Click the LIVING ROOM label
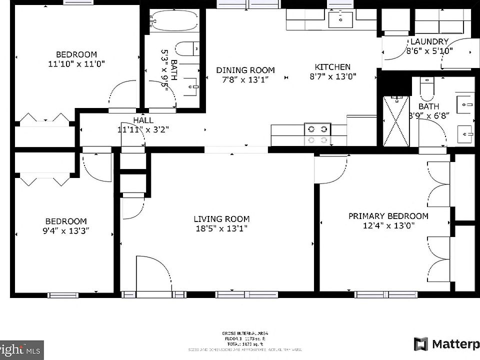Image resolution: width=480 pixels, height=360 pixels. pyautogui.click(x=221, y=219)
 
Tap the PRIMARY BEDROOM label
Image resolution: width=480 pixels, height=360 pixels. pyautogui.click(x=388, y=216)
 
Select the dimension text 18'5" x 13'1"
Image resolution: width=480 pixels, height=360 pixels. pyautogui.click(x=221, y=229)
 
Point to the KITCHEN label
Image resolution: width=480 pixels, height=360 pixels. pyautogui.click(x=332, y=67)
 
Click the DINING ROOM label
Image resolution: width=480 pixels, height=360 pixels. pyautogui.click(x=245, y=70)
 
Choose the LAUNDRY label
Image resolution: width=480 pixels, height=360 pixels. pyautogui.click(x=429, y=41)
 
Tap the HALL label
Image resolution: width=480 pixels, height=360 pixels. pyautogui.click(x=143, y=120)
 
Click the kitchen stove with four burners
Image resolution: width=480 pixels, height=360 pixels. pyautogui.click(x=318, y=134)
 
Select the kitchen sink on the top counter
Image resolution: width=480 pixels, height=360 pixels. pyautogui.click(x=340, y=20)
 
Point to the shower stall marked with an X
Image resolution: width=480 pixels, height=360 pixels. pyautogui.click(x=396, y=121)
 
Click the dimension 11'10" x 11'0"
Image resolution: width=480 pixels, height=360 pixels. pyautogui.click(x=76, y=64)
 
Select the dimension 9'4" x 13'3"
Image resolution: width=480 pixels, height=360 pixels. pyautogui.click(x=66, y=231)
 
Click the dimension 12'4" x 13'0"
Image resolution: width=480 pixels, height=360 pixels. pyautogui.click(x=388, y=226)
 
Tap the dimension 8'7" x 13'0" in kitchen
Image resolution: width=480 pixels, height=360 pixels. pyautogui.click(x=332, y=77)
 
